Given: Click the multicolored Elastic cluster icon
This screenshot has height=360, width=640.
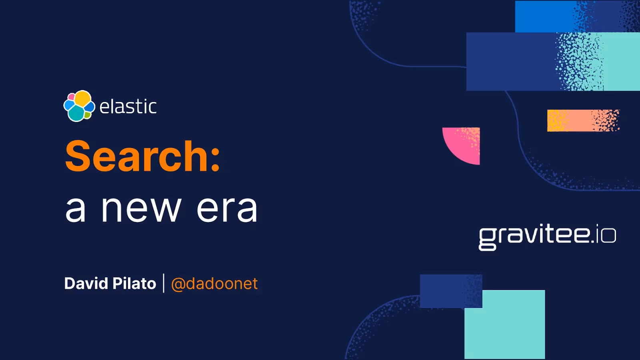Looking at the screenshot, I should pos(79,106).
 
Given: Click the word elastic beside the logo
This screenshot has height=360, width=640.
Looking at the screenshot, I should pos(128,107).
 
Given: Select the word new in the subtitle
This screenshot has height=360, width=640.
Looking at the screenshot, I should pos(141,209).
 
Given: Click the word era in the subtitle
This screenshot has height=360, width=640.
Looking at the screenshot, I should pos(227,209).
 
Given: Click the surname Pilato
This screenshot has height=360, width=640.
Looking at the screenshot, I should pos(134,284).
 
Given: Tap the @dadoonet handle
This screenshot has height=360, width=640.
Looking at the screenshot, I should pos(214,284).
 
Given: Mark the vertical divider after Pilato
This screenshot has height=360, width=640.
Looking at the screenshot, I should pos(164,283).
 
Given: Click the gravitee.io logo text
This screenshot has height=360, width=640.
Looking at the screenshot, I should pos(547,236).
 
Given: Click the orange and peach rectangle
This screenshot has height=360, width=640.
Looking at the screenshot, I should pos(583,120).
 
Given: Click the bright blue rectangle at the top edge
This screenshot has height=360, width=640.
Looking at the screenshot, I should pos(544,16).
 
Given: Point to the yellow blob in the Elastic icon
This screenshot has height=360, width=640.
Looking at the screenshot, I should pos(83,98).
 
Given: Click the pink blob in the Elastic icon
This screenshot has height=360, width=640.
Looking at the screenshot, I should pos(71,97).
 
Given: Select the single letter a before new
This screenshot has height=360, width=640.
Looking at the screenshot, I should pos(76,210).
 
